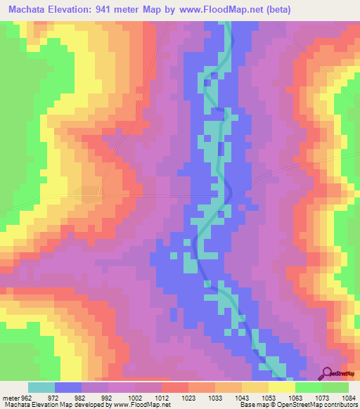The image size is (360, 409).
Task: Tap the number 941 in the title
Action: point(115,9)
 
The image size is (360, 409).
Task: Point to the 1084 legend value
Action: point(349,397)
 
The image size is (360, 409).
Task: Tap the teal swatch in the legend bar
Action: point(41,387)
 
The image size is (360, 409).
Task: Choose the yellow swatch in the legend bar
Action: point(281,387)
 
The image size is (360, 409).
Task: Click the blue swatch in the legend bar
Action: point(68,387)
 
